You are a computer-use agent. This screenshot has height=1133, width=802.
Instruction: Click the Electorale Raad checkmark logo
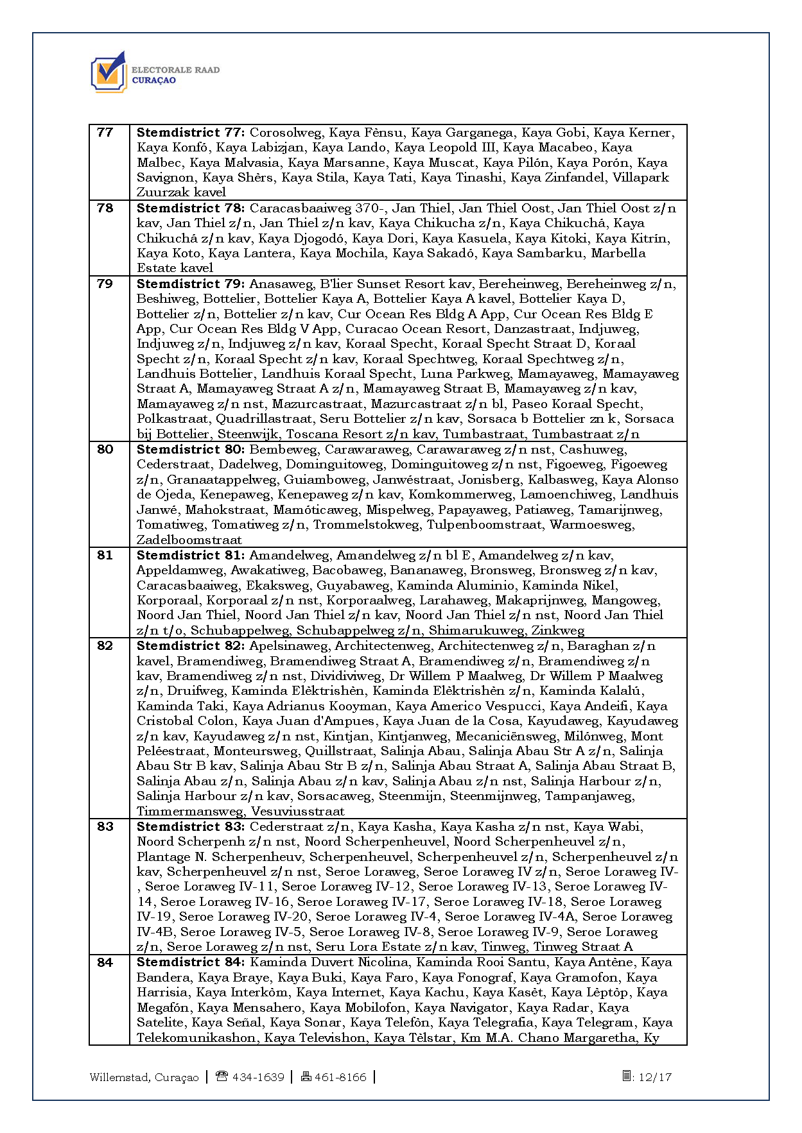click(x=109, y=72)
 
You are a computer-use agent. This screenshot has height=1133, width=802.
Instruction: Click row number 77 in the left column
click(x=105, y=133)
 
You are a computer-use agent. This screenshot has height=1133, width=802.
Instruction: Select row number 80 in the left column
click(x=105, y=450)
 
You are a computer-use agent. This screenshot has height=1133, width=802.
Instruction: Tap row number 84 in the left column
click(x=105, y=962)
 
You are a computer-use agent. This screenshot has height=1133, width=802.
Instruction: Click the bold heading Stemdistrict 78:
click(x=190, y=209)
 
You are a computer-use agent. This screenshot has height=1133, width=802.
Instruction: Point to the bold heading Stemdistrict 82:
click(x=190, y=646)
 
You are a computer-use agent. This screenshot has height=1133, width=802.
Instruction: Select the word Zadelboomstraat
click(x=189, y=540)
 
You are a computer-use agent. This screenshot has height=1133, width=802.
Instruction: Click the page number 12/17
click(x=654, y=1077)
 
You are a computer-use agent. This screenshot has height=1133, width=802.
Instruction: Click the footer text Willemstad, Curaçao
click(x=144, y=1077)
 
